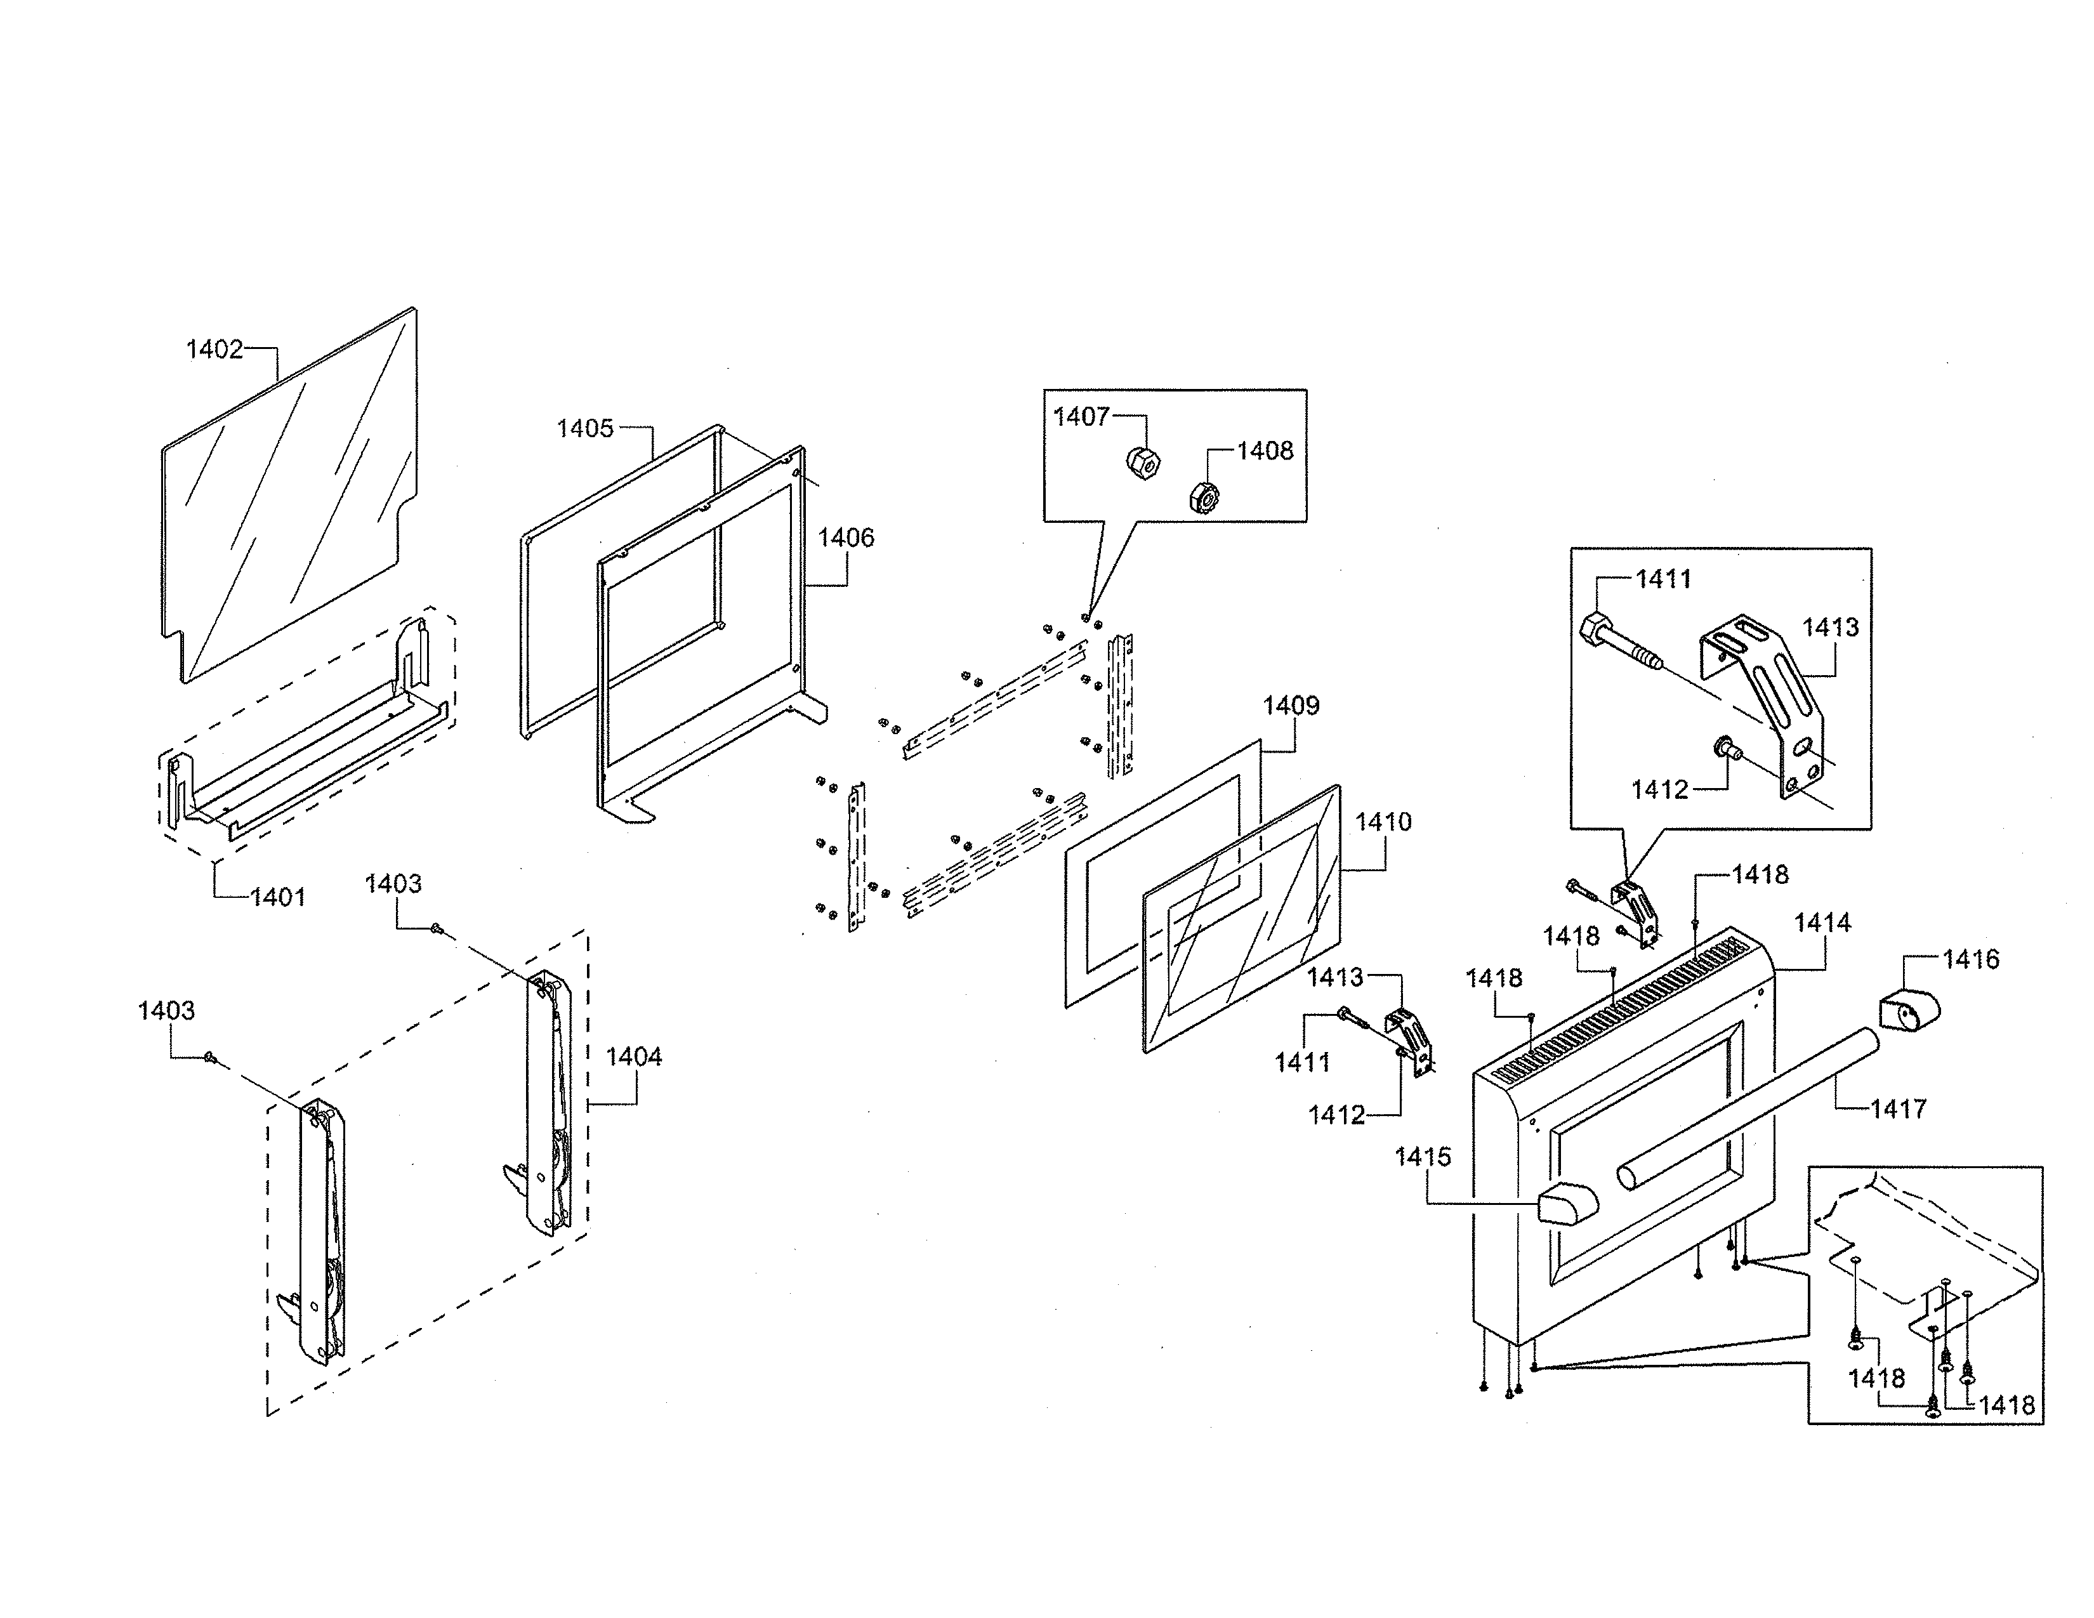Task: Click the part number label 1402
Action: point(214,349)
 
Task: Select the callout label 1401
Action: point(278,897)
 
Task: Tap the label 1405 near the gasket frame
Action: point(585,428)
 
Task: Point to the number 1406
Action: point(846,537)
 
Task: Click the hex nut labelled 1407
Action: point(1143,463)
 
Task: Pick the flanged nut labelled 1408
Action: point(1202,497)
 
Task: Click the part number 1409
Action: point(1291,706)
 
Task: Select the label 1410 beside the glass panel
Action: point(1383,822)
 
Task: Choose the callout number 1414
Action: point(1822,923)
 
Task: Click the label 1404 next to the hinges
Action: point(634,1056)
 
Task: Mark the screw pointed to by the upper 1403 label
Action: point(437,927)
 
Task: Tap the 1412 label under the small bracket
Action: point(1336,1115)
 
